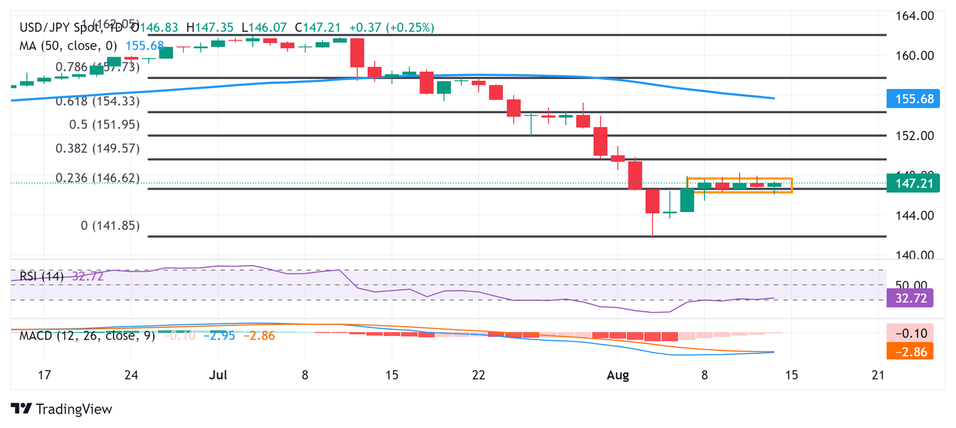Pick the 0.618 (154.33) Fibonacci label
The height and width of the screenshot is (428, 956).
(x=98, y=101)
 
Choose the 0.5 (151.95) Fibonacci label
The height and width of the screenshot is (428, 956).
(x=103, y=124)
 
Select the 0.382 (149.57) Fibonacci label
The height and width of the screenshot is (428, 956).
(x=98, y=149)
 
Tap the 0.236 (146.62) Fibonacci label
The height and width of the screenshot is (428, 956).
(x=98, y=179)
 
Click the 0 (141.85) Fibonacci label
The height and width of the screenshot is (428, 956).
(x=110, y=225)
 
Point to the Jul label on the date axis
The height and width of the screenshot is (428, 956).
(x=218, y=376)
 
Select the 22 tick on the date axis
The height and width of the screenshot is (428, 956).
(x=479, y=376)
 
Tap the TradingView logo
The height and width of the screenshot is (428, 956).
(x=62, y=409)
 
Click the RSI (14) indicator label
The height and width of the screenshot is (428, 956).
(x=42, y=276)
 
